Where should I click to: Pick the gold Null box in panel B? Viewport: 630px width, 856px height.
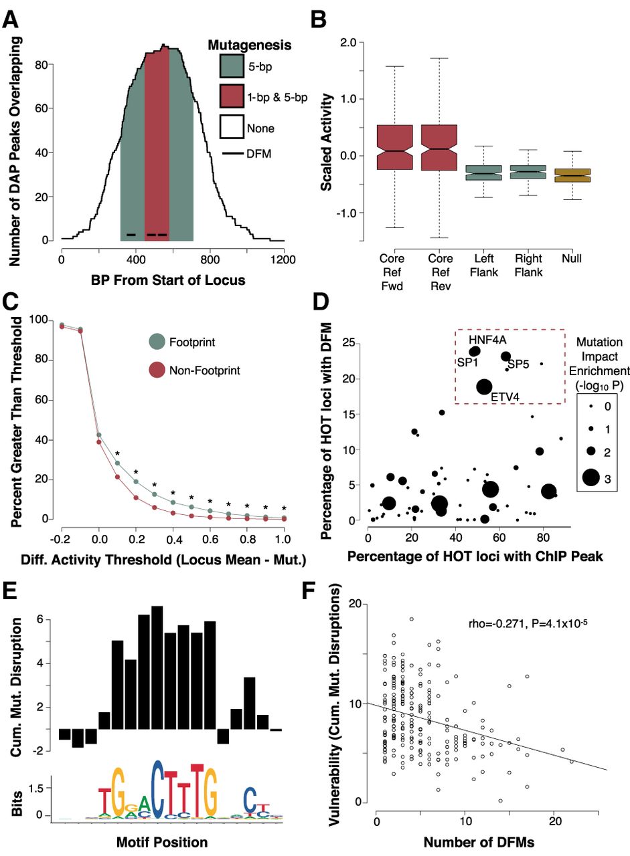(x=573, y=175)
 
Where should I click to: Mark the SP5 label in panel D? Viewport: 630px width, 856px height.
(x=520, y=364)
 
